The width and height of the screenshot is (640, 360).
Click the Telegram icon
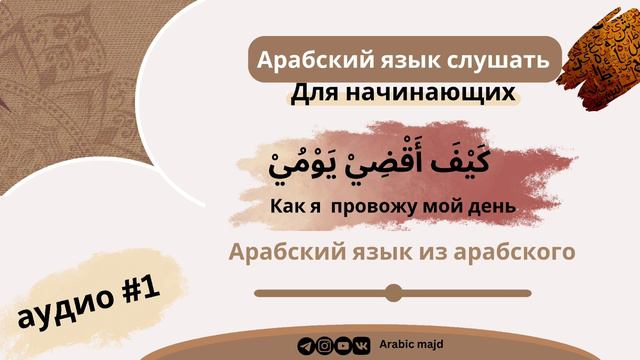306,346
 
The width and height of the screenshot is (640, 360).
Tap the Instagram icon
324,346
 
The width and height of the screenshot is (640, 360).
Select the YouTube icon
343,346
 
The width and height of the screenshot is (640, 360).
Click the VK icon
362,346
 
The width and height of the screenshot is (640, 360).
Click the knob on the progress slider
393,292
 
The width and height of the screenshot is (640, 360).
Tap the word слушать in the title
499,60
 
